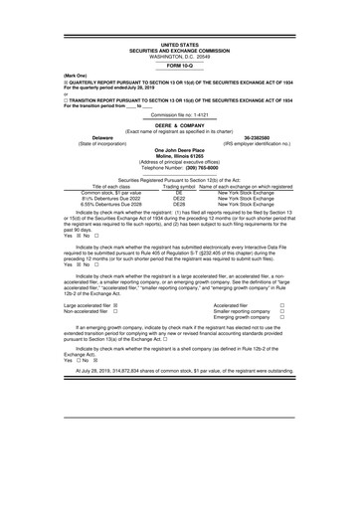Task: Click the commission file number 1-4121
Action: coord(208,101)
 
